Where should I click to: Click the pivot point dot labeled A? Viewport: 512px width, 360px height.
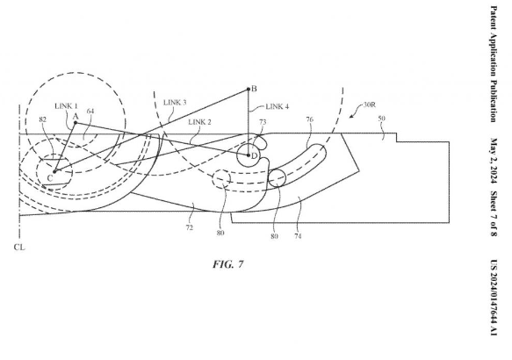[x=76, y=123]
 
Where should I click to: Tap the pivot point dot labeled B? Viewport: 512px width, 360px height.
[x=249, y=89]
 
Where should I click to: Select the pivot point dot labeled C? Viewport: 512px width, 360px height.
[x=54, y=171]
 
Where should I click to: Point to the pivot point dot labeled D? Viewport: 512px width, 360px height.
[x=249, y=155]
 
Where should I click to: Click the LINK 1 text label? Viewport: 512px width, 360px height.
[x=66, y=106]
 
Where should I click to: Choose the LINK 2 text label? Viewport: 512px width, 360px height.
[x=199, y=122]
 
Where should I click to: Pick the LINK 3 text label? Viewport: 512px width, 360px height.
[x=175, y=103]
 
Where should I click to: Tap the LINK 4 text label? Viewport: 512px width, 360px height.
[x=277, y=106]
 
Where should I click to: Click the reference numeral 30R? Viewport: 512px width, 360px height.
[x=370, y=104]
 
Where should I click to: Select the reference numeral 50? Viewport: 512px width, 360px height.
[x=381, y=119]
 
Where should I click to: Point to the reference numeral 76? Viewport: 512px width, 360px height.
[x=309, y=119]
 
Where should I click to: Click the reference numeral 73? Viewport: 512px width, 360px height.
[x=263, y=122]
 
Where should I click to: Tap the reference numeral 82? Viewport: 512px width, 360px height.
[x=43, y=119]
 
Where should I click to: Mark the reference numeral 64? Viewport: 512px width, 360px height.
[x=90, y=111]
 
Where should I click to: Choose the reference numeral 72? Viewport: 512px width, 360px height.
[x=190, y=227]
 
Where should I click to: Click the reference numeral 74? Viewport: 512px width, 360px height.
[x=298, y=235]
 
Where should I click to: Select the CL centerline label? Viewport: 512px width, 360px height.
[x=19, y=248]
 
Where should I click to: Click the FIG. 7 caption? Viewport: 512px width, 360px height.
[x=228, y=263]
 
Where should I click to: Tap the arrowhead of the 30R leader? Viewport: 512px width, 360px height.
[x=350, y=116]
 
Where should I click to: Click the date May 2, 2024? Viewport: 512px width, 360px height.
[x=494, y=161]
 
